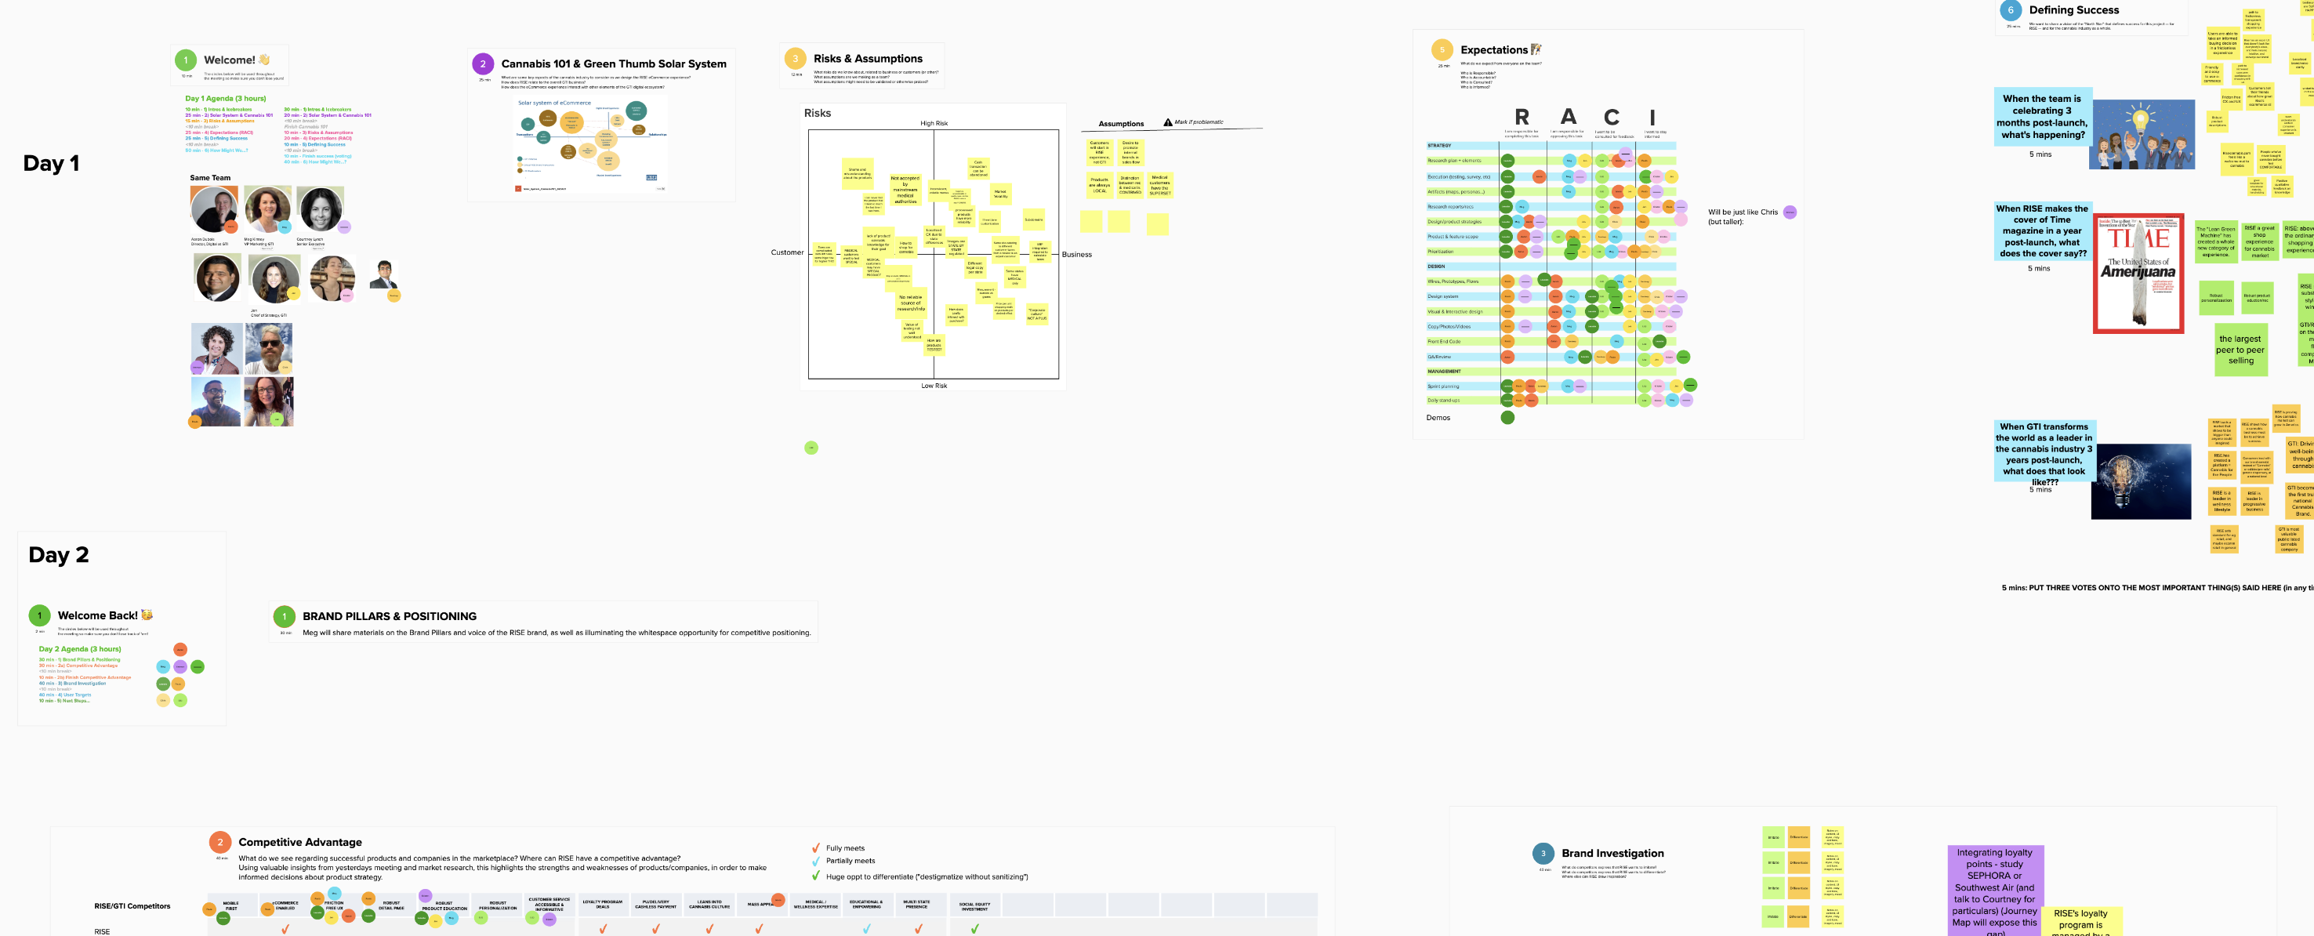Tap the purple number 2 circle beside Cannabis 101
click(x=482, y=63)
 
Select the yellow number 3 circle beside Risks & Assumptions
click(x=795, y=58)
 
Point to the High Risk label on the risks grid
click(x=934, y=124)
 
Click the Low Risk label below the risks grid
click(x=934, y=386)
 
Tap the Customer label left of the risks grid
click(x=787, y=252)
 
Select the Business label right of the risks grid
click(x=1076, y=255)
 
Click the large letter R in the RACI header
click(x=1522, y=118)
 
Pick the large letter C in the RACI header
click(x=1612, y=118)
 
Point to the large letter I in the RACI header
click(x=1652, y=118)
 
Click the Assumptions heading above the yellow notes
click(x=1121, y=124)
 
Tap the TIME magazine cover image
click(x=2138, y=273)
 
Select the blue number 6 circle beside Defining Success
click(x=2011, y=10)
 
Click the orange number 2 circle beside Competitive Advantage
click(x=219, y=842)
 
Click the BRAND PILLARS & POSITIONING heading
click(x=389, y=616)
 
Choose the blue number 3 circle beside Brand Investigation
click(x=1543, y=854)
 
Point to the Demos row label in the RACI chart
click(x=1438, y=418)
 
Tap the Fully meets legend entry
click(x=844, y=848)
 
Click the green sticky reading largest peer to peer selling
click(x=2240, y=350)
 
